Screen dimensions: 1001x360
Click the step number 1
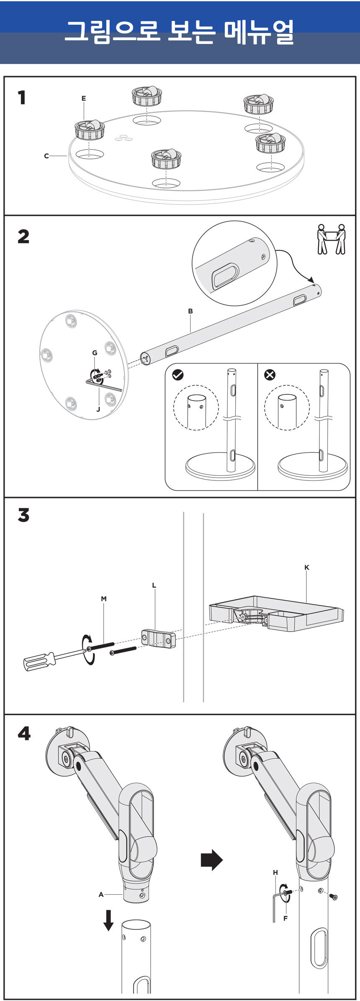click(22, 98)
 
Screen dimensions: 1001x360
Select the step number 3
click(23, 515)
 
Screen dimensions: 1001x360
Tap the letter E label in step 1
click(84, 99)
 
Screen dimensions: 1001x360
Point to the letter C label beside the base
click(46, 156)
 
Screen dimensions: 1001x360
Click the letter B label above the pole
click(190, 311)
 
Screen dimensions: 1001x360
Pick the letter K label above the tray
click(307, 567)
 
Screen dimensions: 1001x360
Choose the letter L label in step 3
click(154, 585)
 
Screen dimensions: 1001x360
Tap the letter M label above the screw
click(104, 599)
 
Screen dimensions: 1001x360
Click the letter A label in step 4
click(101, 895)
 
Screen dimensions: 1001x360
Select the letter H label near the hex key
click(275, 873)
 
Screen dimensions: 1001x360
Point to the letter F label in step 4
click(285, 918)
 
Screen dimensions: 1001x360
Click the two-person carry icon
click(331, 239)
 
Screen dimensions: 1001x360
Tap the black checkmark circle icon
click(178, 375)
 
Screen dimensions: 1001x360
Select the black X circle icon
click(270, 375)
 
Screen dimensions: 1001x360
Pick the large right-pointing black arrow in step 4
click(212, 860)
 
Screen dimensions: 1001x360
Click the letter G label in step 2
click(95, 353)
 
